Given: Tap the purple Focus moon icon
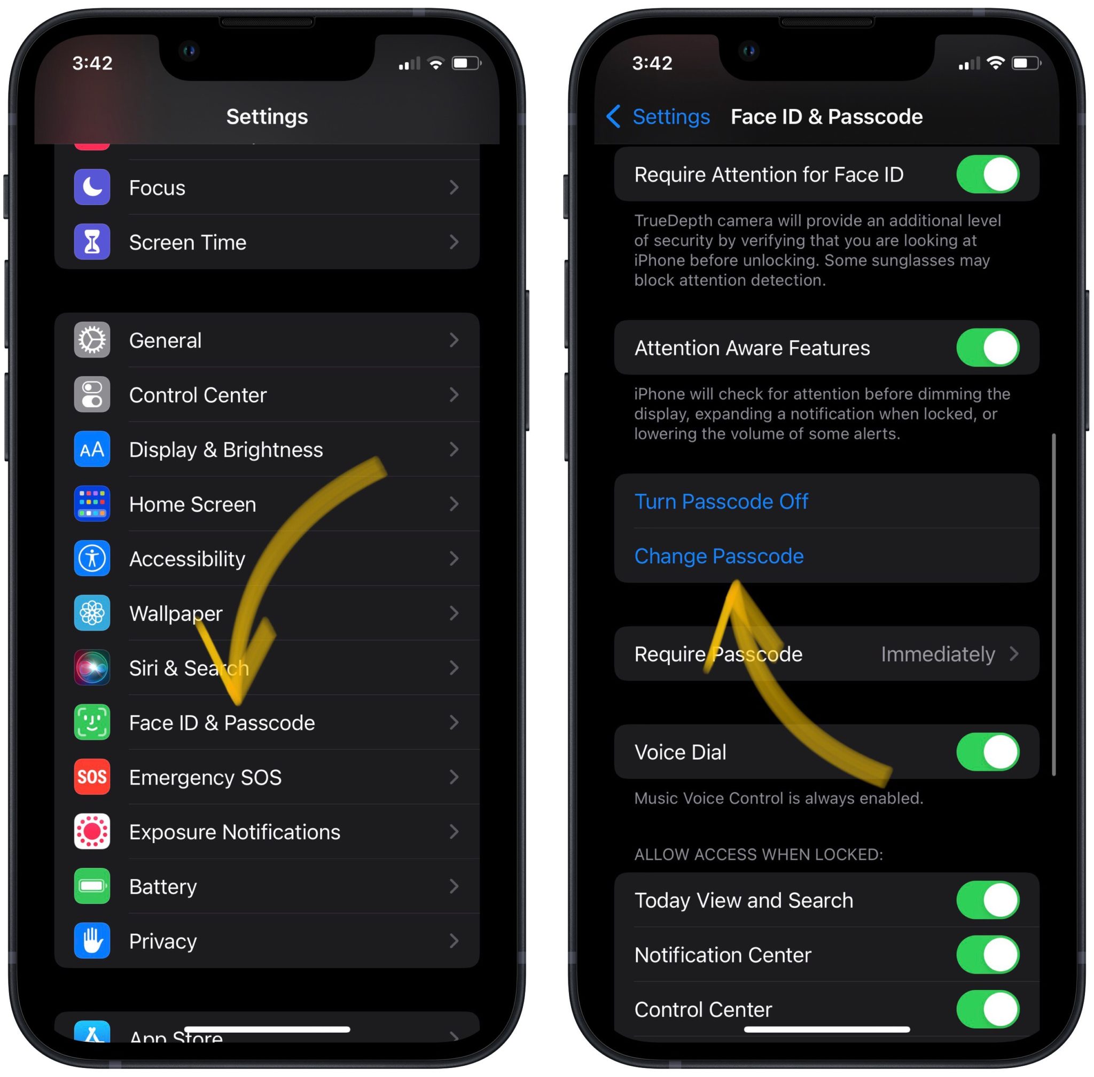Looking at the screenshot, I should point(92,187).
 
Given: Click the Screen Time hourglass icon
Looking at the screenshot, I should point(92,242).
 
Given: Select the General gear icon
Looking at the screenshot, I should point(92,340).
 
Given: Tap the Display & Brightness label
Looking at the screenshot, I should point(226,450).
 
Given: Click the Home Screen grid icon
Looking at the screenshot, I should point(92,504).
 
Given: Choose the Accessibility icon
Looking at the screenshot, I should point(92,559).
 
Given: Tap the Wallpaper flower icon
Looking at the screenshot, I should point(92,613).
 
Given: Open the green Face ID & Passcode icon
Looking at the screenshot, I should point(92,722).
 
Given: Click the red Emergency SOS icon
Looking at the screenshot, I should point(92,777).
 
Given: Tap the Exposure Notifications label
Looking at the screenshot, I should point(234,832).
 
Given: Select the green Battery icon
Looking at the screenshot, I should point(92,886).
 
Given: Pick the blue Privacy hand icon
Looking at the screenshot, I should point(92,941).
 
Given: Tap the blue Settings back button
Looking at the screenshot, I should point(659,116).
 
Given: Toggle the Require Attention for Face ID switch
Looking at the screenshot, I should point(987,174).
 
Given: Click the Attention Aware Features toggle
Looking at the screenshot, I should point(987,348).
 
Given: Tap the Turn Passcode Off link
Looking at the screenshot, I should point(721,502).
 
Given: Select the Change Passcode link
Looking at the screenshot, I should point(718,557).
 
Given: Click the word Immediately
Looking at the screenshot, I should point(937,654).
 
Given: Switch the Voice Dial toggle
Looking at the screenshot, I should point(987,752).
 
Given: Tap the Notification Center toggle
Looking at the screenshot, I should point(987,955).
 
